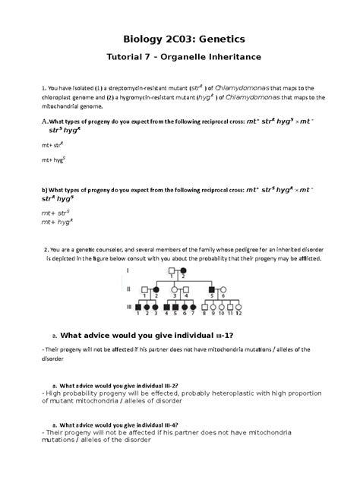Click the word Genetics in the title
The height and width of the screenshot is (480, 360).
tap(216, 38)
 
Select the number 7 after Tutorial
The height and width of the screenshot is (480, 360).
tap(141, 58)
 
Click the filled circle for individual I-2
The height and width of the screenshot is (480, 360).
tap(183, 271)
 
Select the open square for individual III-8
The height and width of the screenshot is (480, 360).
tap(204, 306)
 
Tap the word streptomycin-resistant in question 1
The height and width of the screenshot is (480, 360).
tap(134, 88)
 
